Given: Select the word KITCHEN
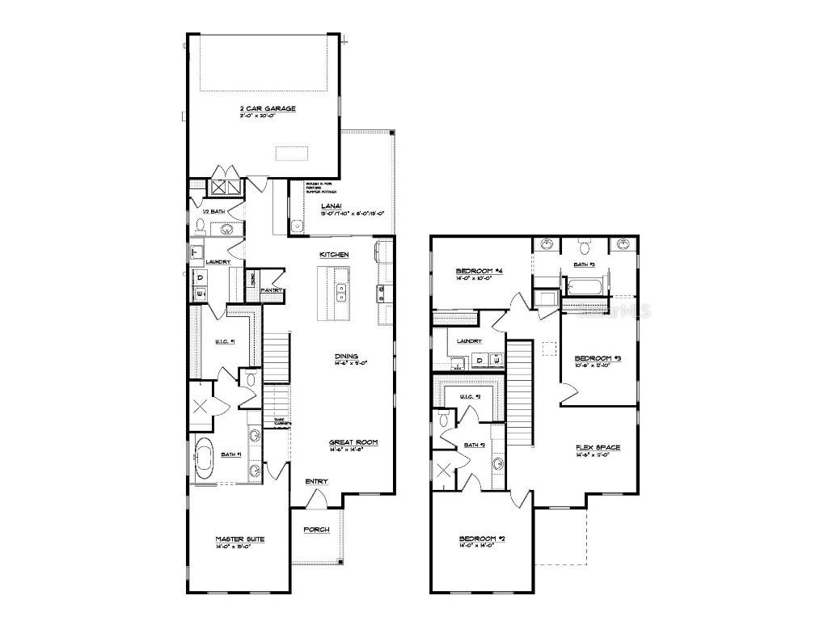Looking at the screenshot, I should point(334,255).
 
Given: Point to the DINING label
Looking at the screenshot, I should point(347,356).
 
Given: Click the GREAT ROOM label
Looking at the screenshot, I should point(353,442).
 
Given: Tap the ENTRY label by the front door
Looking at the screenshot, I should point(316,482).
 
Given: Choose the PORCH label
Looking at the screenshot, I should point(316,530).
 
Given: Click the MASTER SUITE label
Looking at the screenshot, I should point(239,539).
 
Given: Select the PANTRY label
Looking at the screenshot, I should point(270,289).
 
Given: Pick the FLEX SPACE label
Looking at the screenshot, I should point(598,447).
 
